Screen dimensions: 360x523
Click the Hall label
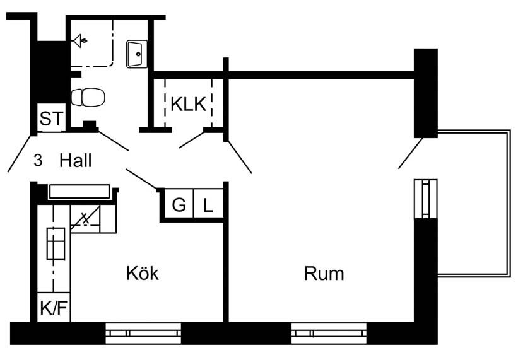click(x=76, y=161)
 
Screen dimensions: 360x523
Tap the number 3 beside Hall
click(x=38, y=161)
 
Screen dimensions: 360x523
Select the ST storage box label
click(x=50, y=118)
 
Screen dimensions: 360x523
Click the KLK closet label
click(x=188, y=105)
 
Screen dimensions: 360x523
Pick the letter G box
click(x=179, y=205)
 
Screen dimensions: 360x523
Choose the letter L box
click(x=208, y=205)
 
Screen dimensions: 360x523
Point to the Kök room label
click(x=142, y=274)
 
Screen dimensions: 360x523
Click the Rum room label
click(x=324, y=274)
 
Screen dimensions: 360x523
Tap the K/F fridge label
click(x=53, y=308)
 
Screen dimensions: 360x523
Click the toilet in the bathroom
click(x=88, y=97)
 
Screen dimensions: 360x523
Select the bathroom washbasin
click(x=137, y=54)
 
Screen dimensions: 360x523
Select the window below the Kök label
click(x=143, y=333)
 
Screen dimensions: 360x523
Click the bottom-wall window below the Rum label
click(x=329, y=333)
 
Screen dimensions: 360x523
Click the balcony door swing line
click(x=410, y=153)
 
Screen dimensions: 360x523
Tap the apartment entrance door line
click(x=19, y=153)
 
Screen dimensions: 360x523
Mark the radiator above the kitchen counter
click(x=79, y=192)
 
